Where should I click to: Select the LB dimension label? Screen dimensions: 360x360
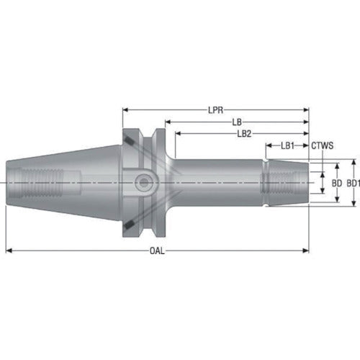pos(236,122)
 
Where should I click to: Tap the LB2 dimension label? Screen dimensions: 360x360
pos(244,133)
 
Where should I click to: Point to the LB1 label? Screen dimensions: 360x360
pos(287,145)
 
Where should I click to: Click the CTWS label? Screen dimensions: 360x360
pos(322,145)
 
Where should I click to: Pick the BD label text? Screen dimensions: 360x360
pos(336,183)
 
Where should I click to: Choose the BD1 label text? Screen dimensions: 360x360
pos(352,183)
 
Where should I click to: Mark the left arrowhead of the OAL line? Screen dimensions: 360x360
pos(9,251)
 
